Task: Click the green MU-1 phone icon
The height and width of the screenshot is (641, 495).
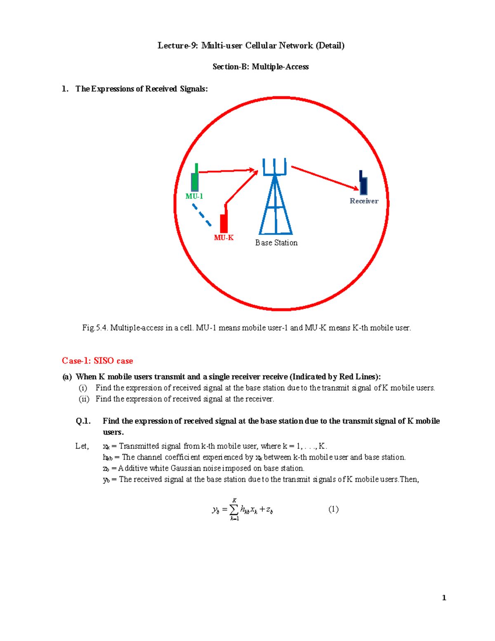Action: coord(195,179)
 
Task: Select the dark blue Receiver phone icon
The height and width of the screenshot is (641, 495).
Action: coord(363,183)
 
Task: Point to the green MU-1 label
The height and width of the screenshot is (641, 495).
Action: coord(194,196)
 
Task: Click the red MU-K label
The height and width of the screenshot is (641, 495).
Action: coord(224,238)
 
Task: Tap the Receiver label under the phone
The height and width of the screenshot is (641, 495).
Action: coord(364,201)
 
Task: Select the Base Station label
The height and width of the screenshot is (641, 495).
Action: coord(276,243)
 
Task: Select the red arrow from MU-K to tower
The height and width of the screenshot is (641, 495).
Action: coord(241,188)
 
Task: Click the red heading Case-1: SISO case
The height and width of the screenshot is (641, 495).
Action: coord(97,361)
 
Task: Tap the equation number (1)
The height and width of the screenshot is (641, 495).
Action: coord(333,509)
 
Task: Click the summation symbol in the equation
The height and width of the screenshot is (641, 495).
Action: coord(234,510)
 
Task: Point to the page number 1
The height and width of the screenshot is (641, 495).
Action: coord(444,598)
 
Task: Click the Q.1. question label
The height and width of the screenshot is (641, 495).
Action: coord(83,421)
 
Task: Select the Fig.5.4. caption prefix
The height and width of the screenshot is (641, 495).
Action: coord(95,328)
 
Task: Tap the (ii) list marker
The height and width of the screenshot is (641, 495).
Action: coord(84,399)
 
